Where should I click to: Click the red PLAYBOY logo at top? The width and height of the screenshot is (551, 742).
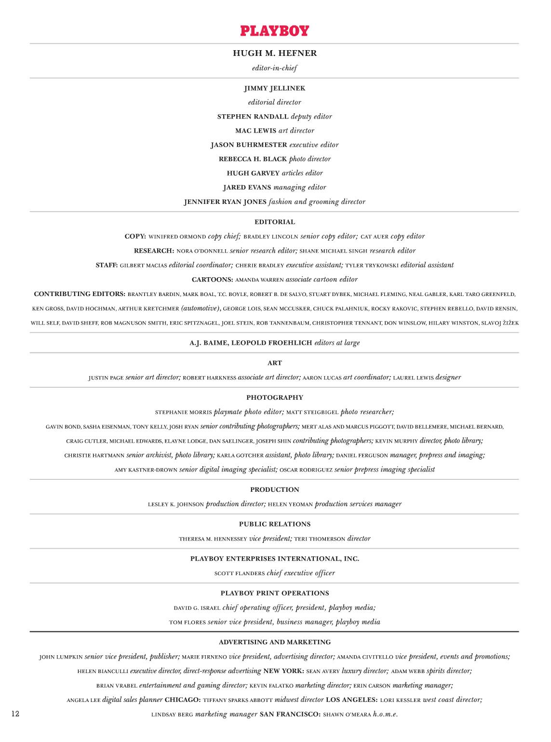point(275,31)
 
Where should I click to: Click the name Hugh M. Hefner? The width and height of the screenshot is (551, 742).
point(275,53)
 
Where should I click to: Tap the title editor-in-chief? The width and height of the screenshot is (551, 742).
point(275,68)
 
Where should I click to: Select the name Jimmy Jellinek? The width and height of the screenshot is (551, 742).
point(275,88)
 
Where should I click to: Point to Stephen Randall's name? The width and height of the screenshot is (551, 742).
point(253,117)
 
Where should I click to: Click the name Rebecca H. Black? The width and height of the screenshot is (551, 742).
point(253,159)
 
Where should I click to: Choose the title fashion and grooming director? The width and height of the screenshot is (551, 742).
point(317,202)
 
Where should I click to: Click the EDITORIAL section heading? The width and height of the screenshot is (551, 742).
point(275,222)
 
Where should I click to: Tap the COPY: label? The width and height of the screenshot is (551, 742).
point(135,236)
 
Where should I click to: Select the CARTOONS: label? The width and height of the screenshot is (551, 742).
point(213,280)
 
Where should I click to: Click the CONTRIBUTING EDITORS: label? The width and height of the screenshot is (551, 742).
point(80,294)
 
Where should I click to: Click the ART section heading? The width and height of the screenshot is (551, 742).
point(275,363)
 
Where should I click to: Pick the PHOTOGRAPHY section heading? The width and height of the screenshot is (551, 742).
point(275,398)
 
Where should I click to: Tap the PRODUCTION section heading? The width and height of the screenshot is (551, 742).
point(275,490)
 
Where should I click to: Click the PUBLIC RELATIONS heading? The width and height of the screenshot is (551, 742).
point(275,524)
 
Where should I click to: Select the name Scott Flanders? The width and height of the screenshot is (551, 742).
point(240,574)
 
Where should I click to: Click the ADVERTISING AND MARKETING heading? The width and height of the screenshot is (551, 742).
point(275,642)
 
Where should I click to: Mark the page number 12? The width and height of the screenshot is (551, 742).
point(15,714)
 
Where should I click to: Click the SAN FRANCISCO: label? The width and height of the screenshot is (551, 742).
point(290,715)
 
